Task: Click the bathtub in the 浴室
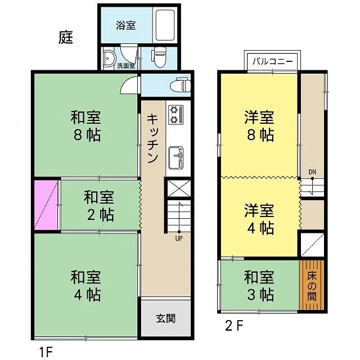pyautogui.click(x=165, y=25)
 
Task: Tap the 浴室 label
pyautogui.click(x=126, y=25)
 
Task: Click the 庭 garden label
pyautogui.click(x=66, y=37)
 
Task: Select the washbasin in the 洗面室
pyautogui.click(x=108, y=58)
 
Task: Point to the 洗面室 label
pyautogui.click(x=126, y=66)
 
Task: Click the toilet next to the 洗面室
pyautogui.click(x=159, y=57)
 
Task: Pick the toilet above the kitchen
pyautogui.click(x=180, y=85)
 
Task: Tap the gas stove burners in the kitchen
pyautogui.click(x=176, y=115)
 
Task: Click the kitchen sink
pyautogui.click(x=176, y=158)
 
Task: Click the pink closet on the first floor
pyautogui.click(x=46, y=205)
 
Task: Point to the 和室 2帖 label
pyautogui.click(x=99, y=206)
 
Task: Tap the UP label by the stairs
pyautogui.click(x=179, y=238)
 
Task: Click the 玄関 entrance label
pyautogui.click(x=166, y=318)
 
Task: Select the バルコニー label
pyautogui.click(x=273, y=61)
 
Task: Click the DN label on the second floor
pyautogui.click(x=312, y=172)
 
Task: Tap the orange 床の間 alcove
pyautogui.click(x=312, y=285)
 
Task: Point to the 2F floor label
pyautogui.click(x=234, y=326)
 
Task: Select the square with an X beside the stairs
pyautogui.click(x=179, y=188)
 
